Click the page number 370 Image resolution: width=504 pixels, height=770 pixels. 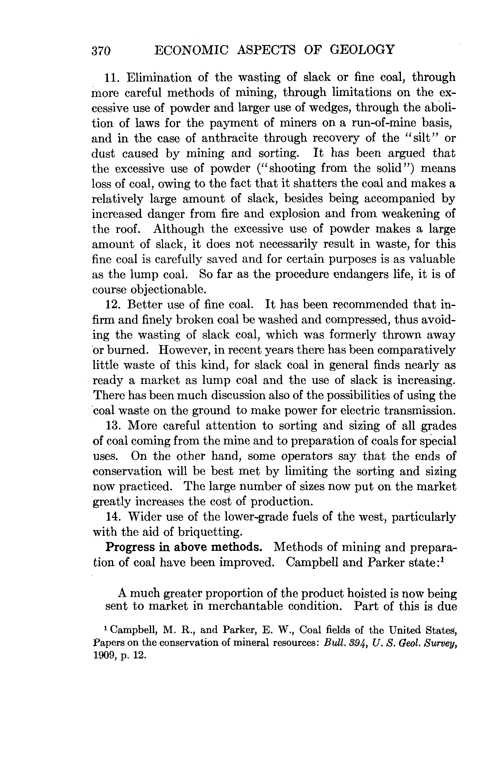click(101, 51)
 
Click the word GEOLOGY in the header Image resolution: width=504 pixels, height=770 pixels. click(362, 50)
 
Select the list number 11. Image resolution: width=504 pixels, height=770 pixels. click(113, 78)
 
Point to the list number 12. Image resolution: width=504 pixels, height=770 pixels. click(113, 305)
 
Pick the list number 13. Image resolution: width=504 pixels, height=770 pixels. click(113, 426)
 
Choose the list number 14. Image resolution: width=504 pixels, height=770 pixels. click(113, 517)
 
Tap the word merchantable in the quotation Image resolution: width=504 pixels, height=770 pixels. click(245, 606)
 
